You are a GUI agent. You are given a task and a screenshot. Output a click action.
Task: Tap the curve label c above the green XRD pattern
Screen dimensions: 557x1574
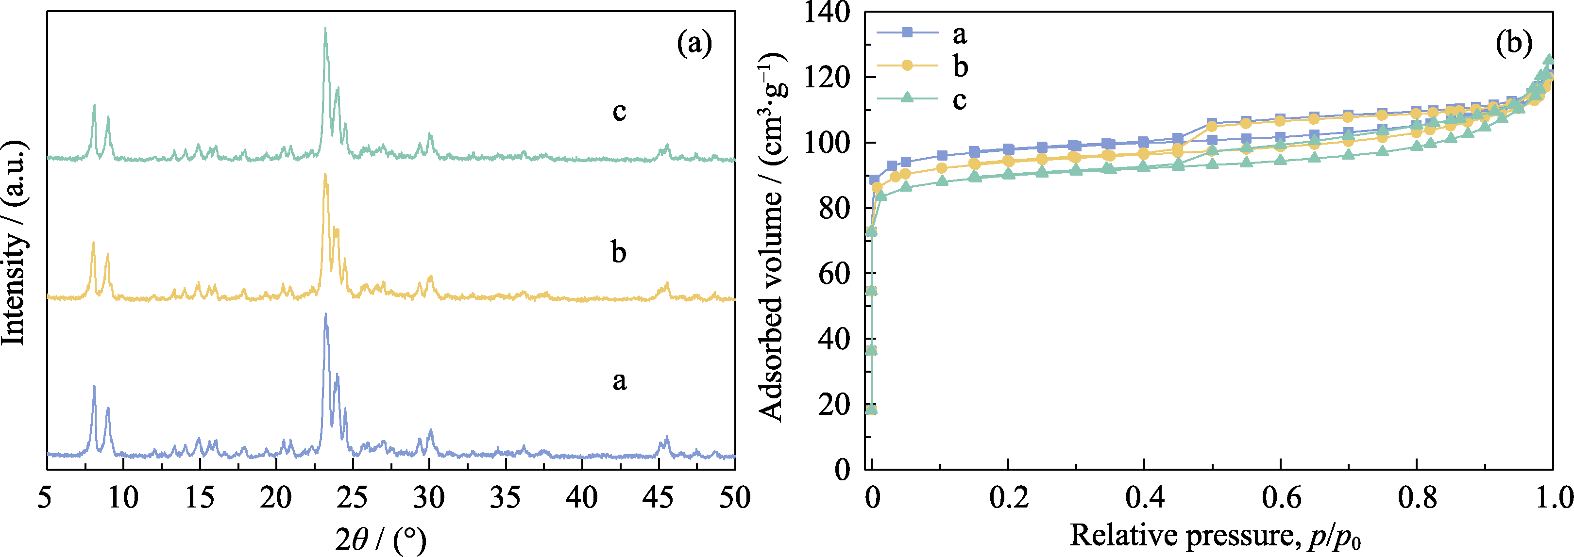(x=619, y=111)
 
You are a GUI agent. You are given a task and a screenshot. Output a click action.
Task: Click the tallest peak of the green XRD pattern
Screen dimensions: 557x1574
(x=325, y=29)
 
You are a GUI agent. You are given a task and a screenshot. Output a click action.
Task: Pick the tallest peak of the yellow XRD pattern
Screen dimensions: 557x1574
(x=325, y=175)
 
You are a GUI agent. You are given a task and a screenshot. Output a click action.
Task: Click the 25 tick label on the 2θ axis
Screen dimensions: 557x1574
(x=353, y=498)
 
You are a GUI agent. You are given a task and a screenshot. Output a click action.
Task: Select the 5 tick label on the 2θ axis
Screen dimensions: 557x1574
(x=45, y=498)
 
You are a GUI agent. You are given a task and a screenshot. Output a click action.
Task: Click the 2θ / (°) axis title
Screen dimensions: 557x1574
(x=380, y=538)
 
